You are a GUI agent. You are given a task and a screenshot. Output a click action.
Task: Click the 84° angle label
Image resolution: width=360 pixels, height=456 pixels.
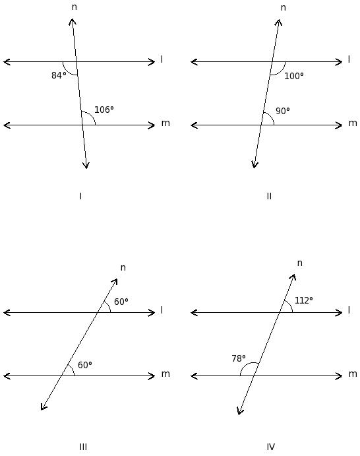tap(59, 75)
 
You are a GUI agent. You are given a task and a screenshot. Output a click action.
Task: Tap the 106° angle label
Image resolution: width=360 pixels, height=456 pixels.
tap(104, 110)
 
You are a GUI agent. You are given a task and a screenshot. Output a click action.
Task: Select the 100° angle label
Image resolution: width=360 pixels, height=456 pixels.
tap(294, 76)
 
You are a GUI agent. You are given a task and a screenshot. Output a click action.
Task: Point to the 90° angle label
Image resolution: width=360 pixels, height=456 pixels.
tap(283, 111)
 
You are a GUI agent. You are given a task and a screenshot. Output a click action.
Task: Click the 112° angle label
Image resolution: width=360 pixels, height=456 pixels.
tap(304, 300)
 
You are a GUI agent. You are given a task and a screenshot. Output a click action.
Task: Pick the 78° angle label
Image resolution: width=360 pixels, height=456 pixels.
tap(239, 358)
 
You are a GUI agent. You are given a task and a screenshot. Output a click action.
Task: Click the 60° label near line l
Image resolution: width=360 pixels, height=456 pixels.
tap(121, 302)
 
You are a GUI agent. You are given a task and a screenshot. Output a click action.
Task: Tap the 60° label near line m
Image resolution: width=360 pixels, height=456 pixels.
tap(85, 365)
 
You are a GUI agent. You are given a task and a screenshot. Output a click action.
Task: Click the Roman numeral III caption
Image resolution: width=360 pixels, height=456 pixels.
tap(83, 447)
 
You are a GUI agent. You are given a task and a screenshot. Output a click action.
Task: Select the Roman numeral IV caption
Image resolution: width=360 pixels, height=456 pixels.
tap(270, 447)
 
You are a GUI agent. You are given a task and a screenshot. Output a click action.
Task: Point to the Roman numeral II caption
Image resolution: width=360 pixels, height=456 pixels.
tap(269, 196)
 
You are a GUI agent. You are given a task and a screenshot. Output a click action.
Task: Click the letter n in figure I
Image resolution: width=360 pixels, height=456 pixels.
tap(75, 7)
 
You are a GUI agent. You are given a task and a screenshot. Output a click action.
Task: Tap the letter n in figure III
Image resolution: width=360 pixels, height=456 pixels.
tap(123, 267)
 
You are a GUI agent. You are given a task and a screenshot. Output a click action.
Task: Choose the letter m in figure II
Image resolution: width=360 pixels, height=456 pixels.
tap(353, 123)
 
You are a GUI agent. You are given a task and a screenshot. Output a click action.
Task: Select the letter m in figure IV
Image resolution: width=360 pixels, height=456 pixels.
tap(353, 374)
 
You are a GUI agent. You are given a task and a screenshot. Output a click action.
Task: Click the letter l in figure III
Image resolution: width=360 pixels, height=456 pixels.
tap(162, 310)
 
